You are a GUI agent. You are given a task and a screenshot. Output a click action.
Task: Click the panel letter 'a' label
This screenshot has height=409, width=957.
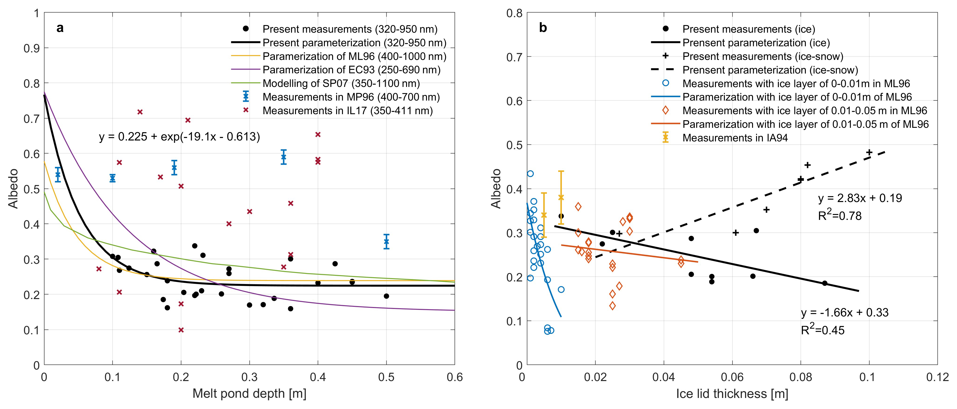(x=60, y=28)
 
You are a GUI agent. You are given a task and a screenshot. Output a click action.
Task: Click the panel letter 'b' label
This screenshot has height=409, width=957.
(x=543, y=28)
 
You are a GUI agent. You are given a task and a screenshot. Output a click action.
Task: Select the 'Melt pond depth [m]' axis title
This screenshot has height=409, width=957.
(x=249, y=393)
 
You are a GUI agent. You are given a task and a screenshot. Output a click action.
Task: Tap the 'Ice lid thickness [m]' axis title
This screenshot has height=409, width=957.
(x=732, y=393)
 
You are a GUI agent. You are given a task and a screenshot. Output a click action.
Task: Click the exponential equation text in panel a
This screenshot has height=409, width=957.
(x=179, y=137)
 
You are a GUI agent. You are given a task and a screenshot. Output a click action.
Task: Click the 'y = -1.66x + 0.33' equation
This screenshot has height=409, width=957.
(x=844, y=312)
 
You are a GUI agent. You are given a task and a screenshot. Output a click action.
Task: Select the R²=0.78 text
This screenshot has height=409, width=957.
(x=840, y=215)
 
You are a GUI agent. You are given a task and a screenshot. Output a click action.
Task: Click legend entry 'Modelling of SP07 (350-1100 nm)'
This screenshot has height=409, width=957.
(x=341, y=83)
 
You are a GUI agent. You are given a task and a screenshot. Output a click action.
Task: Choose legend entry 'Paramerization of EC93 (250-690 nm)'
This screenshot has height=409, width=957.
(x=351, y=70)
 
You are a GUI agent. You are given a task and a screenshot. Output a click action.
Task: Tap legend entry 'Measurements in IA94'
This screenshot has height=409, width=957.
(x=735, y=138)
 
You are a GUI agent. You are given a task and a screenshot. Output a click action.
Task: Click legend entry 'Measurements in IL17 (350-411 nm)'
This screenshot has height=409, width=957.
(x=347, y=111)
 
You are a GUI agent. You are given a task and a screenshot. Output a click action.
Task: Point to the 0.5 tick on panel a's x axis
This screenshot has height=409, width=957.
(x=386, y=377)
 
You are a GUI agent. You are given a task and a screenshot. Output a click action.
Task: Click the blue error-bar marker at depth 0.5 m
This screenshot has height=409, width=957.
(x=386, y=242)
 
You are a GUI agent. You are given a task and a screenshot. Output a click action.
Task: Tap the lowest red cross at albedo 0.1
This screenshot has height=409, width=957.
(x=181, y=330)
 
